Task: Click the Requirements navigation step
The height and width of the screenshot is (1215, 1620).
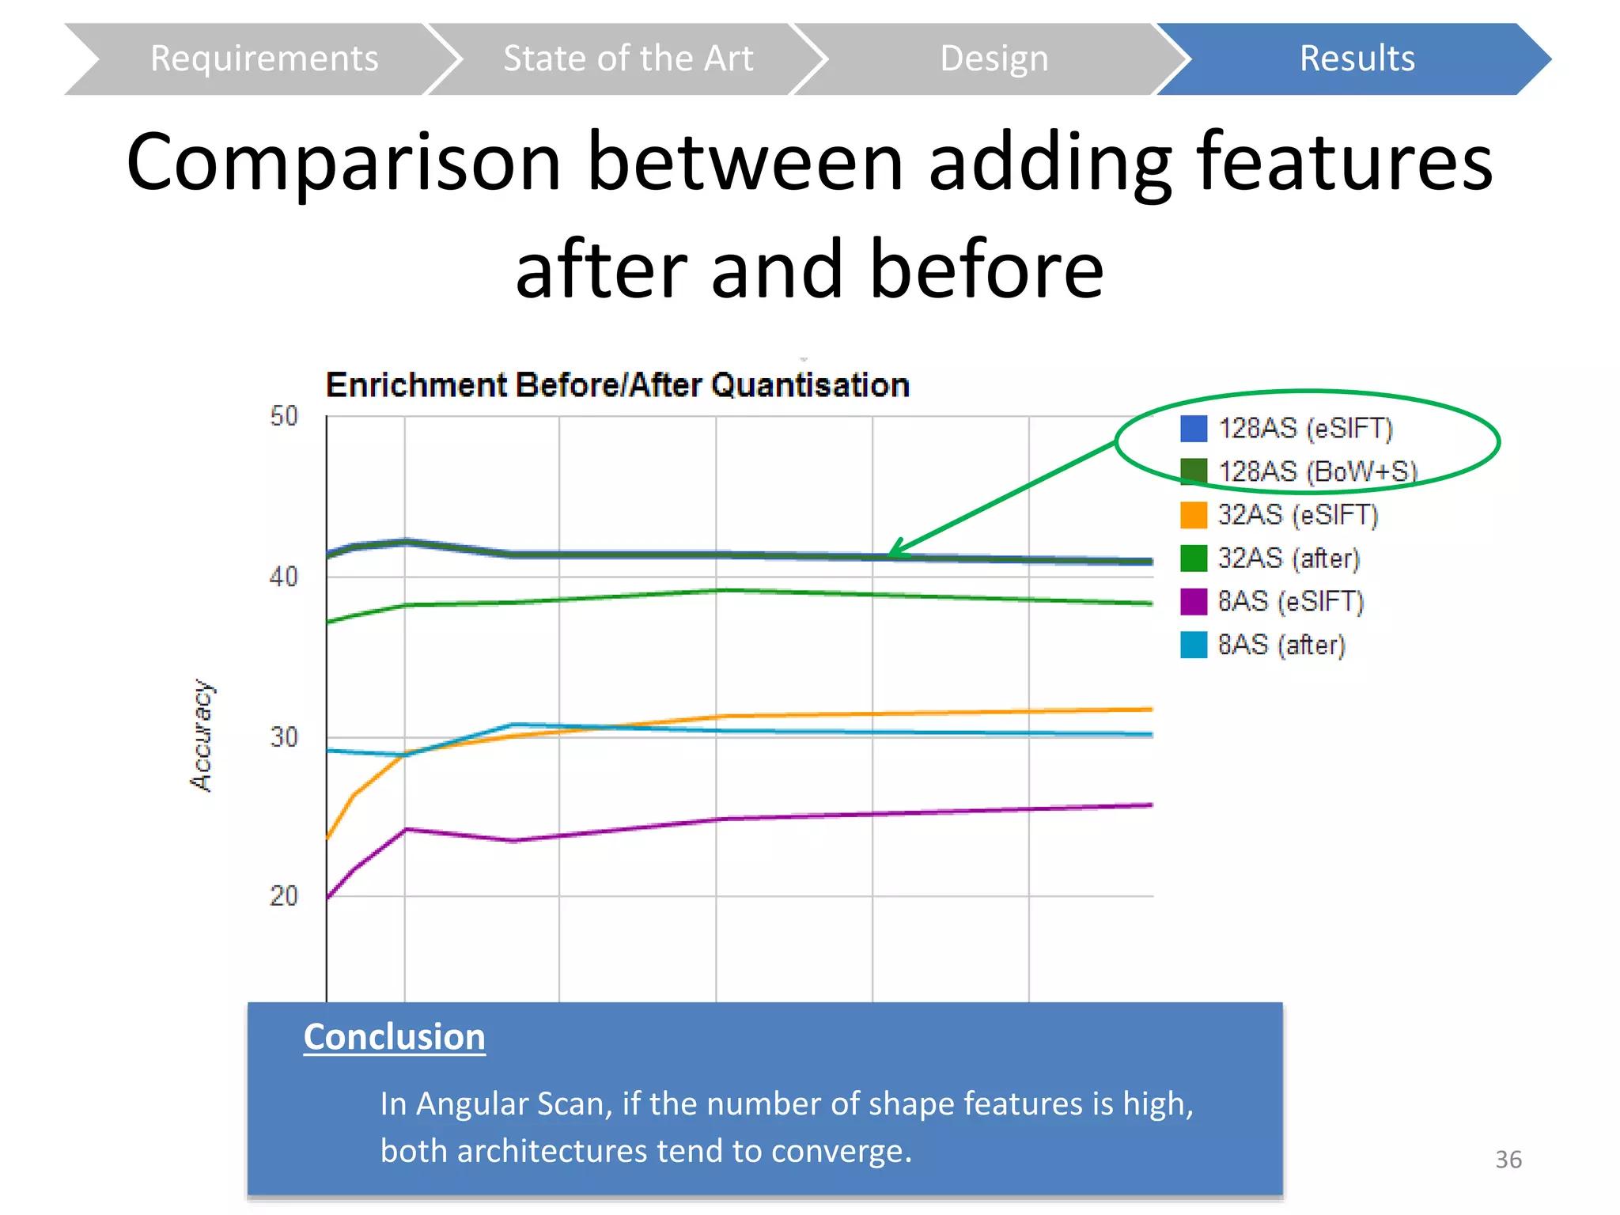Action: pyautogui.click(x=264, y=59)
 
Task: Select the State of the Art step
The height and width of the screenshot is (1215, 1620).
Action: pyautogui.click(x=628, y=59)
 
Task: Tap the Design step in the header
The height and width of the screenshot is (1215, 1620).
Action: pyautogui.click(x=994, y=59)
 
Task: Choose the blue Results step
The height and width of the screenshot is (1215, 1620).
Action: pyautogui.click(x=1357, y=59)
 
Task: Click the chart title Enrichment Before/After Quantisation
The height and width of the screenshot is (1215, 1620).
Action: pyautogui.click(x=617, y=385)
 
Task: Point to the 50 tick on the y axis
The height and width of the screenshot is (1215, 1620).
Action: pyautogui.click(x=284, y=416)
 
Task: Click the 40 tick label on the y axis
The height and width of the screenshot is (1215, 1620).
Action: pyautogui.click(x=284, y=577)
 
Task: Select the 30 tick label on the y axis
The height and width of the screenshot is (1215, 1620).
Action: pyautogui.click(x=284, y=737)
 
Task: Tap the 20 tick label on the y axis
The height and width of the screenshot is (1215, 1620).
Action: pyautogui.click(x=284, y=896)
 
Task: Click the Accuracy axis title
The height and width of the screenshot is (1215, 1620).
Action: pyautogui.click(x=202, y=735)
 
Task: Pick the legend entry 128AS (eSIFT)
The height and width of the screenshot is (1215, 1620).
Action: pyautogui.click(x=1304, y=429)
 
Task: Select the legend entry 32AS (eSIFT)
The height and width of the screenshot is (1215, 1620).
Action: pyautogui.click(x=1297, y=515)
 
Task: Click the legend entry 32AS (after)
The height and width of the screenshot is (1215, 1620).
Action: pyautogui.click(x=1288, y=558)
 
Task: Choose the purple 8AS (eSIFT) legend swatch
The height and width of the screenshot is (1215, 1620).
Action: pyautogui.click(x=1194, y=601)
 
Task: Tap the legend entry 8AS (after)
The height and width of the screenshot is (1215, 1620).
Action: pyautogui.click(x=1281, y=645)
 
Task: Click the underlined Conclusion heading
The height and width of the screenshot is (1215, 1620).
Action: pyautogui.click(x=394, y=1037)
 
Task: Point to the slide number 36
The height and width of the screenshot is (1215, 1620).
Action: pyautogui.click(x=1508, y=1160)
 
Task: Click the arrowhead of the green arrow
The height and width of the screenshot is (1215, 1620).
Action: pyautogui.click(x=896, y=550)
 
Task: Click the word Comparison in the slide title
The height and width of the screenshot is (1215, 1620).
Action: pyautogui.click(x=343, y=162)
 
